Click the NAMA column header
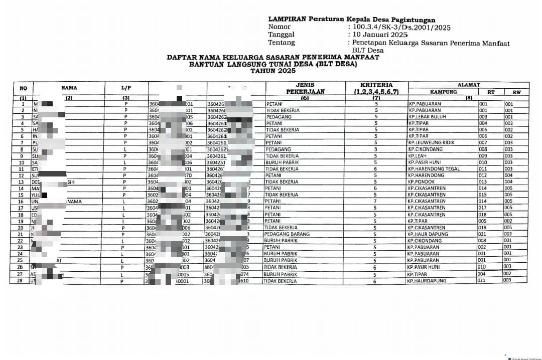point(69,88)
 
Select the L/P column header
point(126,88)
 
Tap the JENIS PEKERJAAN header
point(305,88)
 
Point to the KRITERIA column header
point(376,88)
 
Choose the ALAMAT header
point(469,85)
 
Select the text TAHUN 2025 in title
point(273,71)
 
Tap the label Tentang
point(282,43)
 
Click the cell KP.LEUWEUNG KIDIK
point(431,143)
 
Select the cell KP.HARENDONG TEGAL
point(434,169)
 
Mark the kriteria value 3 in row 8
point(375,149)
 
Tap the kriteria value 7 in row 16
point(375,202)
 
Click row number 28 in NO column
point(20,281)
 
